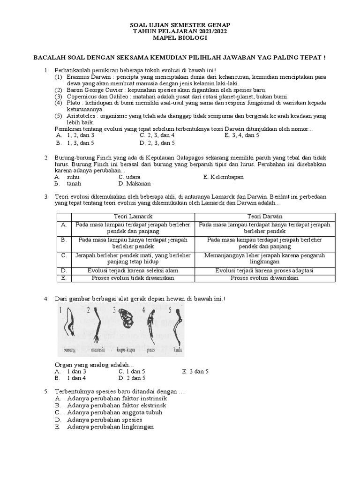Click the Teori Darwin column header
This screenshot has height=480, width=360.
click(265, 216)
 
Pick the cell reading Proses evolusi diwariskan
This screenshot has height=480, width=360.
click(265, 278)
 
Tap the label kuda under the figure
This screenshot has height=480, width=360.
click(177, 349)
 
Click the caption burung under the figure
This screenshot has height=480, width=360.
click(70, 349)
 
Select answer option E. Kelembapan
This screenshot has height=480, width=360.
click(224, 177)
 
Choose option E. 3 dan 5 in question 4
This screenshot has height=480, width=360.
click(195, 371)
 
